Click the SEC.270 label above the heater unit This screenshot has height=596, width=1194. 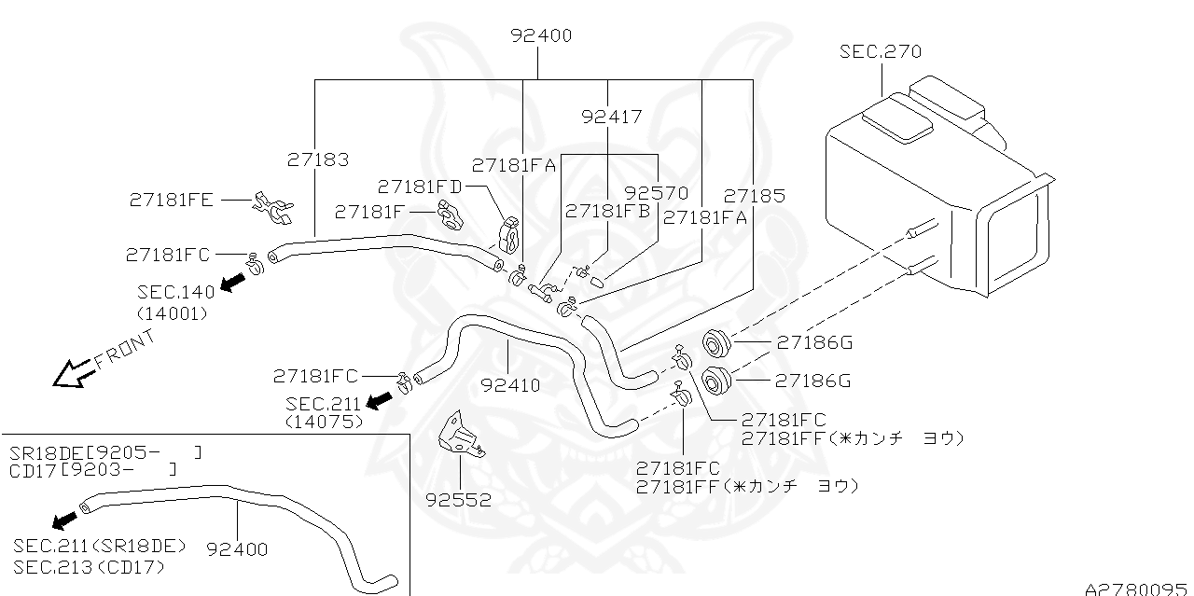[x=880, y=51]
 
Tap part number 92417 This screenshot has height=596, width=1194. [x=611, y=117]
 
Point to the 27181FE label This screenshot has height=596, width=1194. [x=171, y=199]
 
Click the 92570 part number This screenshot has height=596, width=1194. [x=656, y=193]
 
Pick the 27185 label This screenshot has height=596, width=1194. [x=754, y=196]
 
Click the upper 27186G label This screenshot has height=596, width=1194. [x=813, y=342]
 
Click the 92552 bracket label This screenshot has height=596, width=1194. [x=457, y=499]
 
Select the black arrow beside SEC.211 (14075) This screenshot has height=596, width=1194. [x=379, y=400]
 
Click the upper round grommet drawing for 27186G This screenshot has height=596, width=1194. [x=716, y=344]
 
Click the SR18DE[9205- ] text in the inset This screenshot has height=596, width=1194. [x=105, y=452]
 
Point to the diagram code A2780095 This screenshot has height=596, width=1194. [x=1138, y=588]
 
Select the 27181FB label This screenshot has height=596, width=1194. [x=607, y=211]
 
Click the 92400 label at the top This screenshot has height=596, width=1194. [x=541, y=36]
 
